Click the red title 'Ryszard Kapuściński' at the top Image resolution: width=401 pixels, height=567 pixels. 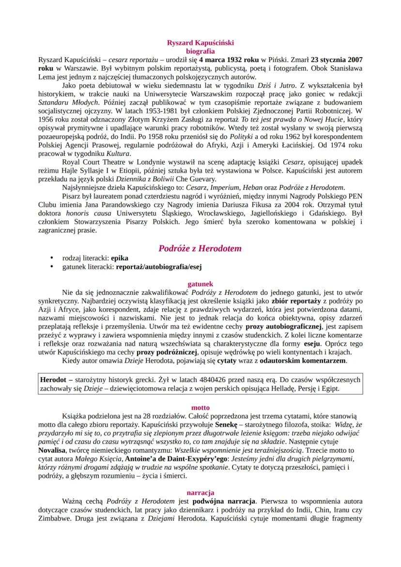tap(200, 43)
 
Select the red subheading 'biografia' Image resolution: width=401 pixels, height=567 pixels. tap(200, 50)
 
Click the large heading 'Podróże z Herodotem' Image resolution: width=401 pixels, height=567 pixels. tap(200, 248)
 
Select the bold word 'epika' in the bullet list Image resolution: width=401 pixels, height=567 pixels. tap(120, 259)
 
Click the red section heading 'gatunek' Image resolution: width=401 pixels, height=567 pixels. tap(200, 284)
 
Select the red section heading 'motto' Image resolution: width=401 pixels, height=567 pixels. tap(200, 407)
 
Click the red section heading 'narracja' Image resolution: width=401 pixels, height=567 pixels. tap(200, 492)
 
